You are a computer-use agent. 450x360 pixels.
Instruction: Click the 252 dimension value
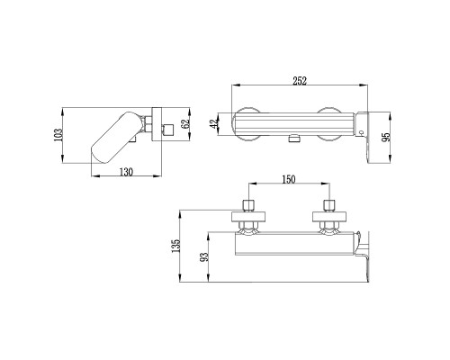tap(300, 81)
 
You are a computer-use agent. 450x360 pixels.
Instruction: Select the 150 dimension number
tap(288, 179)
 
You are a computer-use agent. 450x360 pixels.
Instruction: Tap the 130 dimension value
tap(126, 172)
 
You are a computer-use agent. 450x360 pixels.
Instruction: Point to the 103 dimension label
tap(58, 135)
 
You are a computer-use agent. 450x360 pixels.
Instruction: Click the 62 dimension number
tap(185, 124)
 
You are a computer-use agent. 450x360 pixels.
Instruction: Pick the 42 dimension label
tap(214, 124)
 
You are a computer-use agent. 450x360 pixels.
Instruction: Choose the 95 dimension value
tap(386, 137)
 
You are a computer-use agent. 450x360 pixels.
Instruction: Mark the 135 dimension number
tap(175, 246)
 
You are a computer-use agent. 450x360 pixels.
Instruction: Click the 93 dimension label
tap(204, 257)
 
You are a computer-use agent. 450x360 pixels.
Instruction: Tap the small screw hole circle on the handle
tap(361, 132)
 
